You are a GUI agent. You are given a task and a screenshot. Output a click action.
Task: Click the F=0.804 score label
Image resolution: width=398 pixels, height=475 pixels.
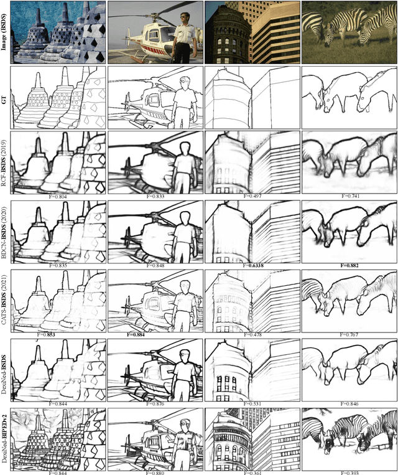59,196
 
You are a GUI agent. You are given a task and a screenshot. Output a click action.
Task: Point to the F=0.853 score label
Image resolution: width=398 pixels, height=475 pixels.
59,334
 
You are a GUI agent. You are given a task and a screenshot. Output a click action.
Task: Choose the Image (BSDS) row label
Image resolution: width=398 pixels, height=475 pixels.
6,31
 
